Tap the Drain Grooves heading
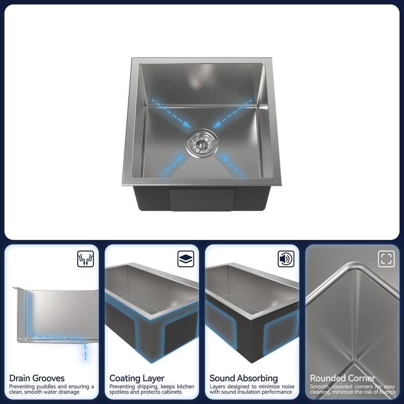coord(37,378)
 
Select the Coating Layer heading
coord(137,378)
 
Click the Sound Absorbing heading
coord(243,378)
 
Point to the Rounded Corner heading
coord(342,378)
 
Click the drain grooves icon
coord(85,260)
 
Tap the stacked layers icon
coord(186,260)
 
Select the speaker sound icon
coord(286,260)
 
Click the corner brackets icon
coord(386,260)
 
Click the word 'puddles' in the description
coord(50,387)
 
